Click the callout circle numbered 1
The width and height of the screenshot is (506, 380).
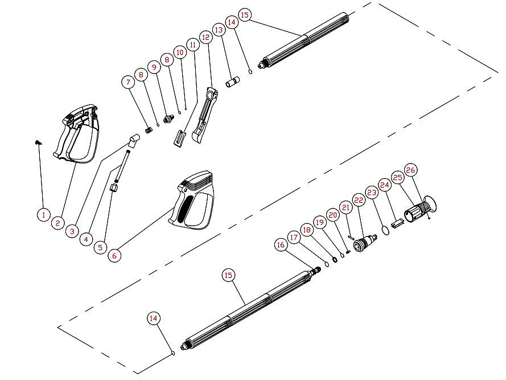click(x=43, y=215)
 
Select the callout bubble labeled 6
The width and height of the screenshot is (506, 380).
click(x=114, y=256)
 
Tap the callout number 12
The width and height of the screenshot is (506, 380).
click(x=206, y=36)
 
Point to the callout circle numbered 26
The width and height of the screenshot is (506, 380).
click(x=411, y=170)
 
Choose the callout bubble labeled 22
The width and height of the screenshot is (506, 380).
click(x=359, y=200)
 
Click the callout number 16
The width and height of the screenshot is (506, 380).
click(x=280, y=244)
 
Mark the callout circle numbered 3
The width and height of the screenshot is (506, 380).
click(x=72, y=231)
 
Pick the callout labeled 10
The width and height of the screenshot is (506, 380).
click(x=180, y=52)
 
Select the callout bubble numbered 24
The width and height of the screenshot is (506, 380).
click(x=385, y=185)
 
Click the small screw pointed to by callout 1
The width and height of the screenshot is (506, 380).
click(x=38, y=143)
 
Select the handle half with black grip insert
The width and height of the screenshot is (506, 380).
click(x=194, y=204)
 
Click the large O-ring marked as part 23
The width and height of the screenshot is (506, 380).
click(x=385, y=230)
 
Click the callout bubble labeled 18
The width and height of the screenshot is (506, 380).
click(x=307, y=230)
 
